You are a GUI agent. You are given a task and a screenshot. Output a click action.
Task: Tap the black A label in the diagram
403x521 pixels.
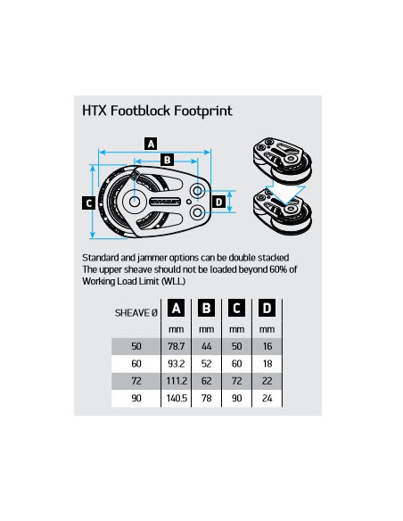pos(151,143)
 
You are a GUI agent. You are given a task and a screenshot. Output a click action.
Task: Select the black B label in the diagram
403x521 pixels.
pos(166,160)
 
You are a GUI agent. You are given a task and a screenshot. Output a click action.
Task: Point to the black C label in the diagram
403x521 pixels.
pos(88,203)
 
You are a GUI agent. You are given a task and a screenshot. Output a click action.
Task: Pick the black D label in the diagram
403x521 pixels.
pos(219,202)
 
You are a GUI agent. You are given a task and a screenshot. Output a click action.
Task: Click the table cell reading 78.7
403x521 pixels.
pos(177,344)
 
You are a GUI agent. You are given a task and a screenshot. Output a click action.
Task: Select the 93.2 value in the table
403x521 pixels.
pos(177,363)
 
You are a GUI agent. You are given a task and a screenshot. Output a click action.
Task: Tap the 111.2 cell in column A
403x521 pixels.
pos(177,381)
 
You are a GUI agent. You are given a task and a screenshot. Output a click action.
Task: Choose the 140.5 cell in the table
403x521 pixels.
pos(177,399)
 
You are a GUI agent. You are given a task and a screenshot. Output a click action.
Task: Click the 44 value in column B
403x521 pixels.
pos(207,344)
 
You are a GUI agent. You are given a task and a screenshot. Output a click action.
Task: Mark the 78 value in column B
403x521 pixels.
pos(207,399)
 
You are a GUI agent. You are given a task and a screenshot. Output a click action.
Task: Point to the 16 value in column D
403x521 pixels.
pos(267,344)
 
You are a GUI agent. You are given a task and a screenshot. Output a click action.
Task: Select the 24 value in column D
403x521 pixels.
pos(267,399)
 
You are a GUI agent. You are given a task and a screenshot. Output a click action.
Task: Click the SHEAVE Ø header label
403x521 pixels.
pos(136,313)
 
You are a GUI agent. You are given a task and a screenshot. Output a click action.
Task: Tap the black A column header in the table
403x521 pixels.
pos(177,310)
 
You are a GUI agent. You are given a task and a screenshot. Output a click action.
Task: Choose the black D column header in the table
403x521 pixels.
pos(267,310)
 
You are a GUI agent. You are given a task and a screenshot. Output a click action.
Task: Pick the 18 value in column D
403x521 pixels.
pos(267,363)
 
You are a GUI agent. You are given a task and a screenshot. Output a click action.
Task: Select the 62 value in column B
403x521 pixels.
pos(207,381)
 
